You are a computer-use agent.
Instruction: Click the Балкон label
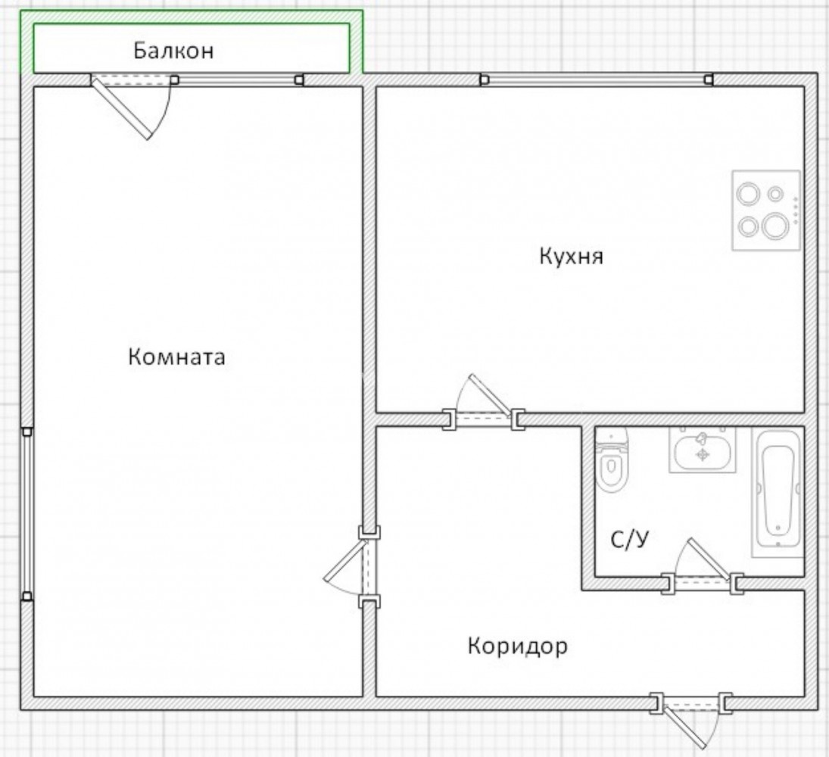coord(173,51)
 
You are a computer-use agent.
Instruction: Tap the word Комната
coord(176,357)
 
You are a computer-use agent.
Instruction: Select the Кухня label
coord(571,257)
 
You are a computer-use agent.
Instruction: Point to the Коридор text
coord(518,646)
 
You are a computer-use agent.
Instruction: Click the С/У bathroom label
coord(629,540)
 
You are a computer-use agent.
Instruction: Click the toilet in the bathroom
coord(612,460)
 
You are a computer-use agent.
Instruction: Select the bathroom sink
coord(703,450)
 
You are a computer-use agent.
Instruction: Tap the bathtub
coord(778,494)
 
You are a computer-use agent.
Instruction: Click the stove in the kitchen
coord(765,210)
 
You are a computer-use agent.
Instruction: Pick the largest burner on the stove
coord(775,226)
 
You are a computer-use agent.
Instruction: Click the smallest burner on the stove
coord(775,194)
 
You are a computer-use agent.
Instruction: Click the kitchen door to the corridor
coord(484,403)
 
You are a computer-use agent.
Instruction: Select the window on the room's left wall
coord(27,514)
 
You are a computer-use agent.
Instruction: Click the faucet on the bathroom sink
coord(702,438)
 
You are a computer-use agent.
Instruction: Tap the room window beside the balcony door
coord(237,80)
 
